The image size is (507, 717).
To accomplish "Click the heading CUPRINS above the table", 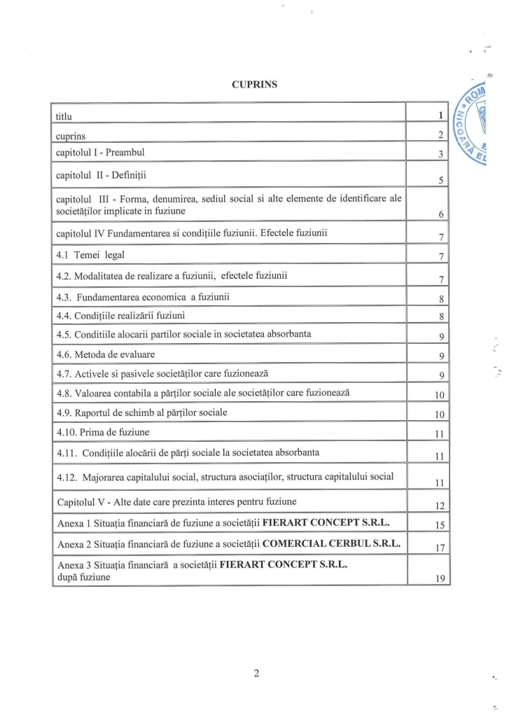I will (x=254, y=85).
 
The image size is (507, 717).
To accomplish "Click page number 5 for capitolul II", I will (x=441, y=181).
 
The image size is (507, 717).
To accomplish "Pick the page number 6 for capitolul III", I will (x=441, y=215).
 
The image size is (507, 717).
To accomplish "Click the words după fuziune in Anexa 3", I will (x=83, y=577).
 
